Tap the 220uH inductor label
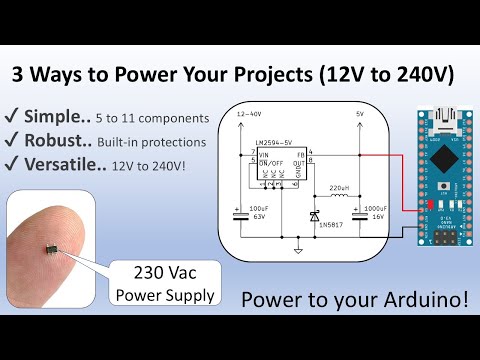pyautogui.click(x=337, y=188)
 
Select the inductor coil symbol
pyautogui.click(x=338, y=196)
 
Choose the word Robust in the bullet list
pyautogui.click(x=60, y=141)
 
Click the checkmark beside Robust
pyautogui.click(x=14, y=141)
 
